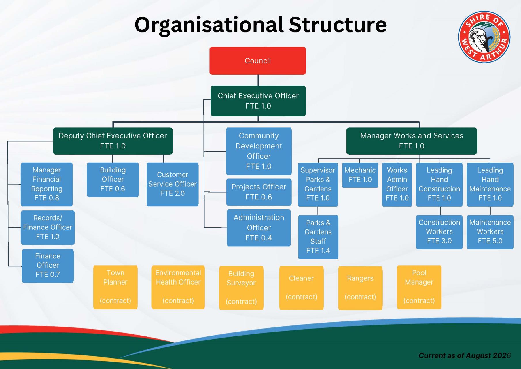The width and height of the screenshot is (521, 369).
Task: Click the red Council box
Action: pos(257,61)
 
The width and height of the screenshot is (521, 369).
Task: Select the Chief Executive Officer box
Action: pos(258,101)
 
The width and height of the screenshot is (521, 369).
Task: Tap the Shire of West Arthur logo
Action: pos(484,37)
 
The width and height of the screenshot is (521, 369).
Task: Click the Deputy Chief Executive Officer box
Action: pos(113,141)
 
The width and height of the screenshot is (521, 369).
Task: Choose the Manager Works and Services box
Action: pos(412,141)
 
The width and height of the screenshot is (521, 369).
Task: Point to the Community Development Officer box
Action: pos(259,151)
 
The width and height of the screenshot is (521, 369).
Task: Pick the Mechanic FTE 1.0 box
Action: pos(360,175)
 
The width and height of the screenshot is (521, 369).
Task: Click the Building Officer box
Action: pos(113,180)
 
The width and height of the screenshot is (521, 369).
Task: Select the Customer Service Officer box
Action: pos(173,184)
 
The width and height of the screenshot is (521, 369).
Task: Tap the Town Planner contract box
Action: pos(115,287)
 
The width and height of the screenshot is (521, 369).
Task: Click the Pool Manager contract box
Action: pos(419,287)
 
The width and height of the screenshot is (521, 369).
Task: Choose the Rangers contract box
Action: pos(360,288)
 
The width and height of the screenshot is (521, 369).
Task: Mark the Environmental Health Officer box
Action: pos(178,287)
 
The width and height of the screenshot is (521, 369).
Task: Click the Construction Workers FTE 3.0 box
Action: pos(439,232)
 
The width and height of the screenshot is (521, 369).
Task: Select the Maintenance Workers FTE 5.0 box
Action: pos(490,232)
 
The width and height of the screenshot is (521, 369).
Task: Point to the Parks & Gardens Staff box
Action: pos(318,237)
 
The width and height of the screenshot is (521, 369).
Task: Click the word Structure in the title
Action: pos(338,25)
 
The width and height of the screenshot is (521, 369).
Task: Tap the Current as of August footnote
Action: pos(465,355)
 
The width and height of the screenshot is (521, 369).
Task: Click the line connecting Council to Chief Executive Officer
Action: pos(258,80)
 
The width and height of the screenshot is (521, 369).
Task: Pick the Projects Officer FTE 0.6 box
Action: pos(259,192)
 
